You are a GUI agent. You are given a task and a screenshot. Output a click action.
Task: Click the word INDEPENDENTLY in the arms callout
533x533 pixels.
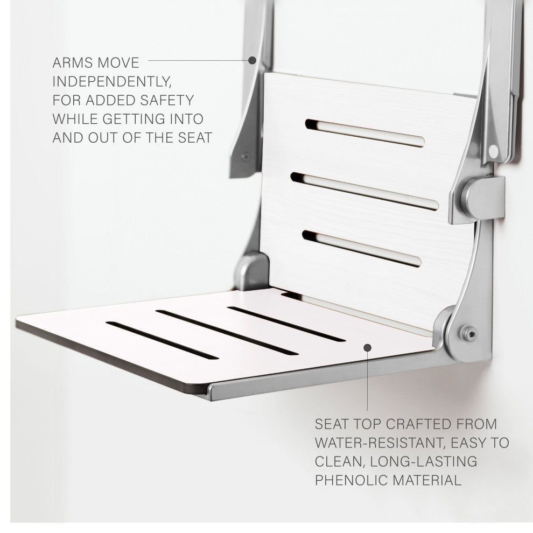(112, 82)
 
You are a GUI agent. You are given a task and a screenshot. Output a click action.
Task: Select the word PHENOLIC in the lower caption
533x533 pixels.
(352, 480)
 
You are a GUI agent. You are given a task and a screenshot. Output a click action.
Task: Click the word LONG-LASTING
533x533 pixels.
(424, 461)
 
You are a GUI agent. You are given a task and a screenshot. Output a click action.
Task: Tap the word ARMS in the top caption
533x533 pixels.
(72, 63)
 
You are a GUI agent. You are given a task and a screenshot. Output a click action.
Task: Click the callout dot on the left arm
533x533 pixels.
(252, 60)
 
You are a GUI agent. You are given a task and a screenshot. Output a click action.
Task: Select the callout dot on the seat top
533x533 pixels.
(368, 347)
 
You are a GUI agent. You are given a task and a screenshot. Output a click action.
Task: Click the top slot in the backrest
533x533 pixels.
(364, 133)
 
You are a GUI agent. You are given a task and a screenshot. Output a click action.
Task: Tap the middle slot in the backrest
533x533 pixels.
(364, 191)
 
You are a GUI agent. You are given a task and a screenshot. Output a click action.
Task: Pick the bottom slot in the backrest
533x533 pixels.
(362, 249)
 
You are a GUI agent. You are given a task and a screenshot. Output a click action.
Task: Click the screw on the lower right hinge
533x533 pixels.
(469, 334)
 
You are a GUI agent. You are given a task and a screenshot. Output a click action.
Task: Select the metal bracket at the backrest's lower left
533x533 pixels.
(251, 271)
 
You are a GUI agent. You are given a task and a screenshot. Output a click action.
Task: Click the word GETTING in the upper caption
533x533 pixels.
(134, 119)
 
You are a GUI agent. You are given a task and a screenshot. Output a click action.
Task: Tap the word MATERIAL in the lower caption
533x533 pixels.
(426, 480)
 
